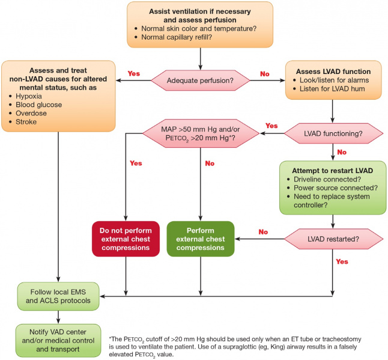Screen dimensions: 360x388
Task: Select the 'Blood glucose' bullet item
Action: tap(35, 105)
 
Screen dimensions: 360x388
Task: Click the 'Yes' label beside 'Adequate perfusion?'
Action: tap(134, 73)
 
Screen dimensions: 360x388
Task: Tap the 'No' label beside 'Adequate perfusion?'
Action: tap(264, 73)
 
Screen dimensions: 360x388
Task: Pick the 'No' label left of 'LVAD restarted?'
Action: tap(262, 231)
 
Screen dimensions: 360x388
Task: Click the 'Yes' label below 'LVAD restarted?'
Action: tap(342, 262)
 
